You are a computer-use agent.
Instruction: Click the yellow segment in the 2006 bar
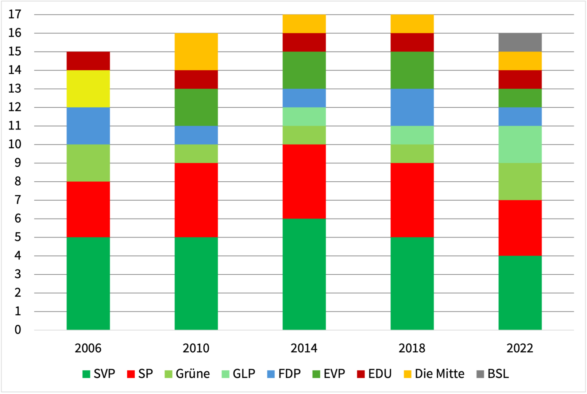pos(88,89)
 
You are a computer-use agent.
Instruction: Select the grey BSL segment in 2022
pos(520,42)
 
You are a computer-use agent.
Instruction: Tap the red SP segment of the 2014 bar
pos(304,181)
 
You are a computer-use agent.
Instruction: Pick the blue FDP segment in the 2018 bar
pos(412,107)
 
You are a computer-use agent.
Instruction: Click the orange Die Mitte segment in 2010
pos(196,51)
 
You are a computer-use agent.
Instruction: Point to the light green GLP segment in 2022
pos(520,144)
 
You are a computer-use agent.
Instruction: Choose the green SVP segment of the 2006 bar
pos(88,283)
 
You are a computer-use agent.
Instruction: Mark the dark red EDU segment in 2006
pos(88,61)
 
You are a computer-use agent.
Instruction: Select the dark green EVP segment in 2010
pos(196,107)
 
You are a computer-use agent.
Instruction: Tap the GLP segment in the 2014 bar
pos(304,117)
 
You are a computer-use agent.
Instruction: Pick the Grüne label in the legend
pos(192,374)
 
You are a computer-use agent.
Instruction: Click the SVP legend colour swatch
pos(86,374)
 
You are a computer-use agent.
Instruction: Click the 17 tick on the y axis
pos(15,15)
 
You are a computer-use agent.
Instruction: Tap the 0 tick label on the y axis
pos(18,330)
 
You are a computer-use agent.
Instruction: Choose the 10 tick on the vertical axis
pos(15,144)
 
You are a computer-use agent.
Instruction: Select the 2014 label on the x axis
pos(304,348)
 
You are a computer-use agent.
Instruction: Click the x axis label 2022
pos(520,348)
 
